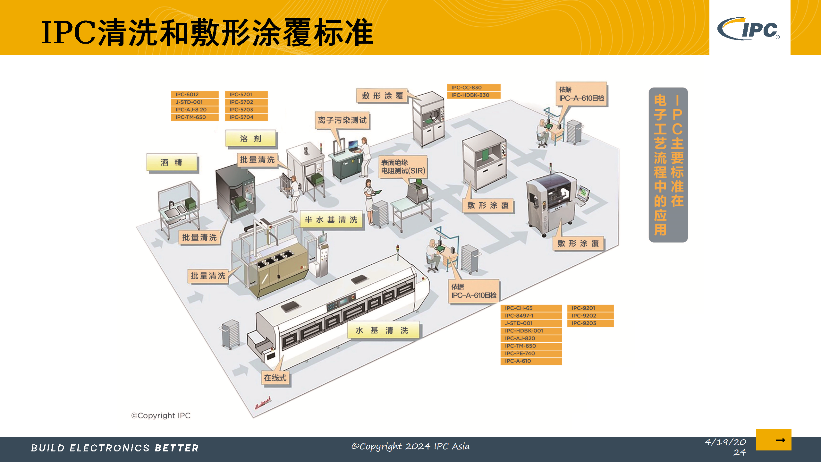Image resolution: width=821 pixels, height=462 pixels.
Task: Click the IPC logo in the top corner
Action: tap(749, 29)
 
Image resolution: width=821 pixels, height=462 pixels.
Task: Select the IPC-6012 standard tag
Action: tap(195, 94)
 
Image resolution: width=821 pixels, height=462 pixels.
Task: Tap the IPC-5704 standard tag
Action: tap(246, 117)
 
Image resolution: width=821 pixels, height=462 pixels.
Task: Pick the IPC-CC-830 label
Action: tap(473, 88)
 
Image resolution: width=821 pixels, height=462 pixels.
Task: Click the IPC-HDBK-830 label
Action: tap(473, 95)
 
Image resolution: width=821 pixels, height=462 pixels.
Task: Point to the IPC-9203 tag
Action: tap(590, 323)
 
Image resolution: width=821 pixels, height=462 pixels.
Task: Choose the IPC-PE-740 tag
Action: tap(531, 353)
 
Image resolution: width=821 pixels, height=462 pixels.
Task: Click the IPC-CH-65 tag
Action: tap(531, 308)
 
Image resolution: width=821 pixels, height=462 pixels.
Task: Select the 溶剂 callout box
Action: tap(250, 139)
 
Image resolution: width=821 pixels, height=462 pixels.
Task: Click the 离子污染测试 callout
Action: tap(342, 120)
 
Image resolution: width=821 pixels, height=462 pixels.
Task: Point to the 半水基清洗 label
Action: tap(331, 220)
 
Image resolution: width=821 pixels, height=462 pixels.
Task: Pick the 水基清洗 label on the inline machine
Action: tap(383, 330)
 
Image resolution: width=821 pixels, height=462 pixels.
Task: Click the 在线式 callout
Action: tap(275, 378)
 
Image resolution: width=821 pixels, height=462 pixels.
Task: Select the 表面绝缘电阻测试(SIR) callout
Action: tap(403, 167)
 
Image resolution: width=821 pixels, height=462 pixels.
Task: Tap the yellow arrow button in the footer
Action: tap(774, 440)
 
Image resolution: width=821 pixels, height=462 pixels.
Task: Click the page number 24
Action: tap(740, 452)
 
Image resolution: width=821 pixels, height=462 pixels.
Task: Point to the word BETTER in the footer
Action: tap(177, 448)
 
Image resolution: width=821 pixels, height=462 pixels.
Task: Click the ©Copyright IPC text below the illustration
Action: tap(161, 415)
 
